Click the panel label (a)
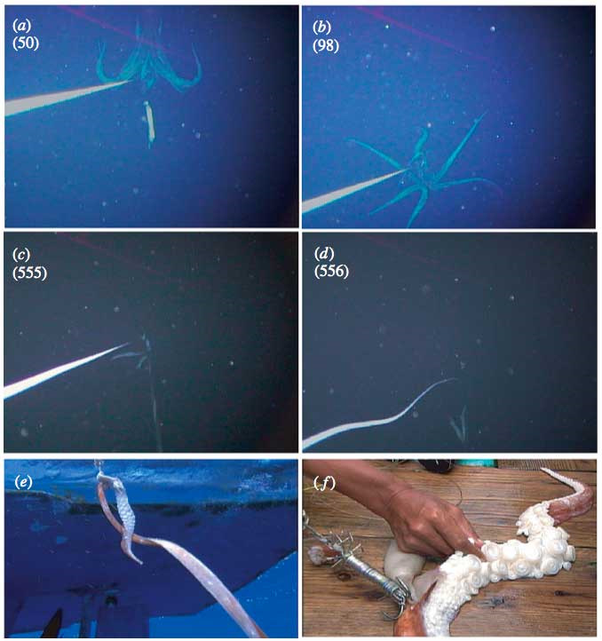pyautogui.click(x=21, y=26)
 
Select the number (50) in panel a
pyautogui.click(x=26, y=43)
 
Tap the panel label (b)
pyautogui.click(x=321, y=28)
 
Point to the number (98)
pyautogui.click(x=326, y=45)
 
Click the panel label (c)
pyautogui.click(x=21, y=255)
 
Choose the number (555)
pyautogui.click(x=30, y=273)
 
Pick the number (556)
pyautogui.click(x=332, y=271)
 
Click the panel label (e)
pyautogui.click(x=23, y=482)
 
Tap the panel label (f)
pyautogui.click(x=325, y=484)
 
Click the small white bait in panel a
pyautogui.click(x=150, y=122)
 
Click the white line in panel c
pyautogui.click(x=66, y=371)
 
